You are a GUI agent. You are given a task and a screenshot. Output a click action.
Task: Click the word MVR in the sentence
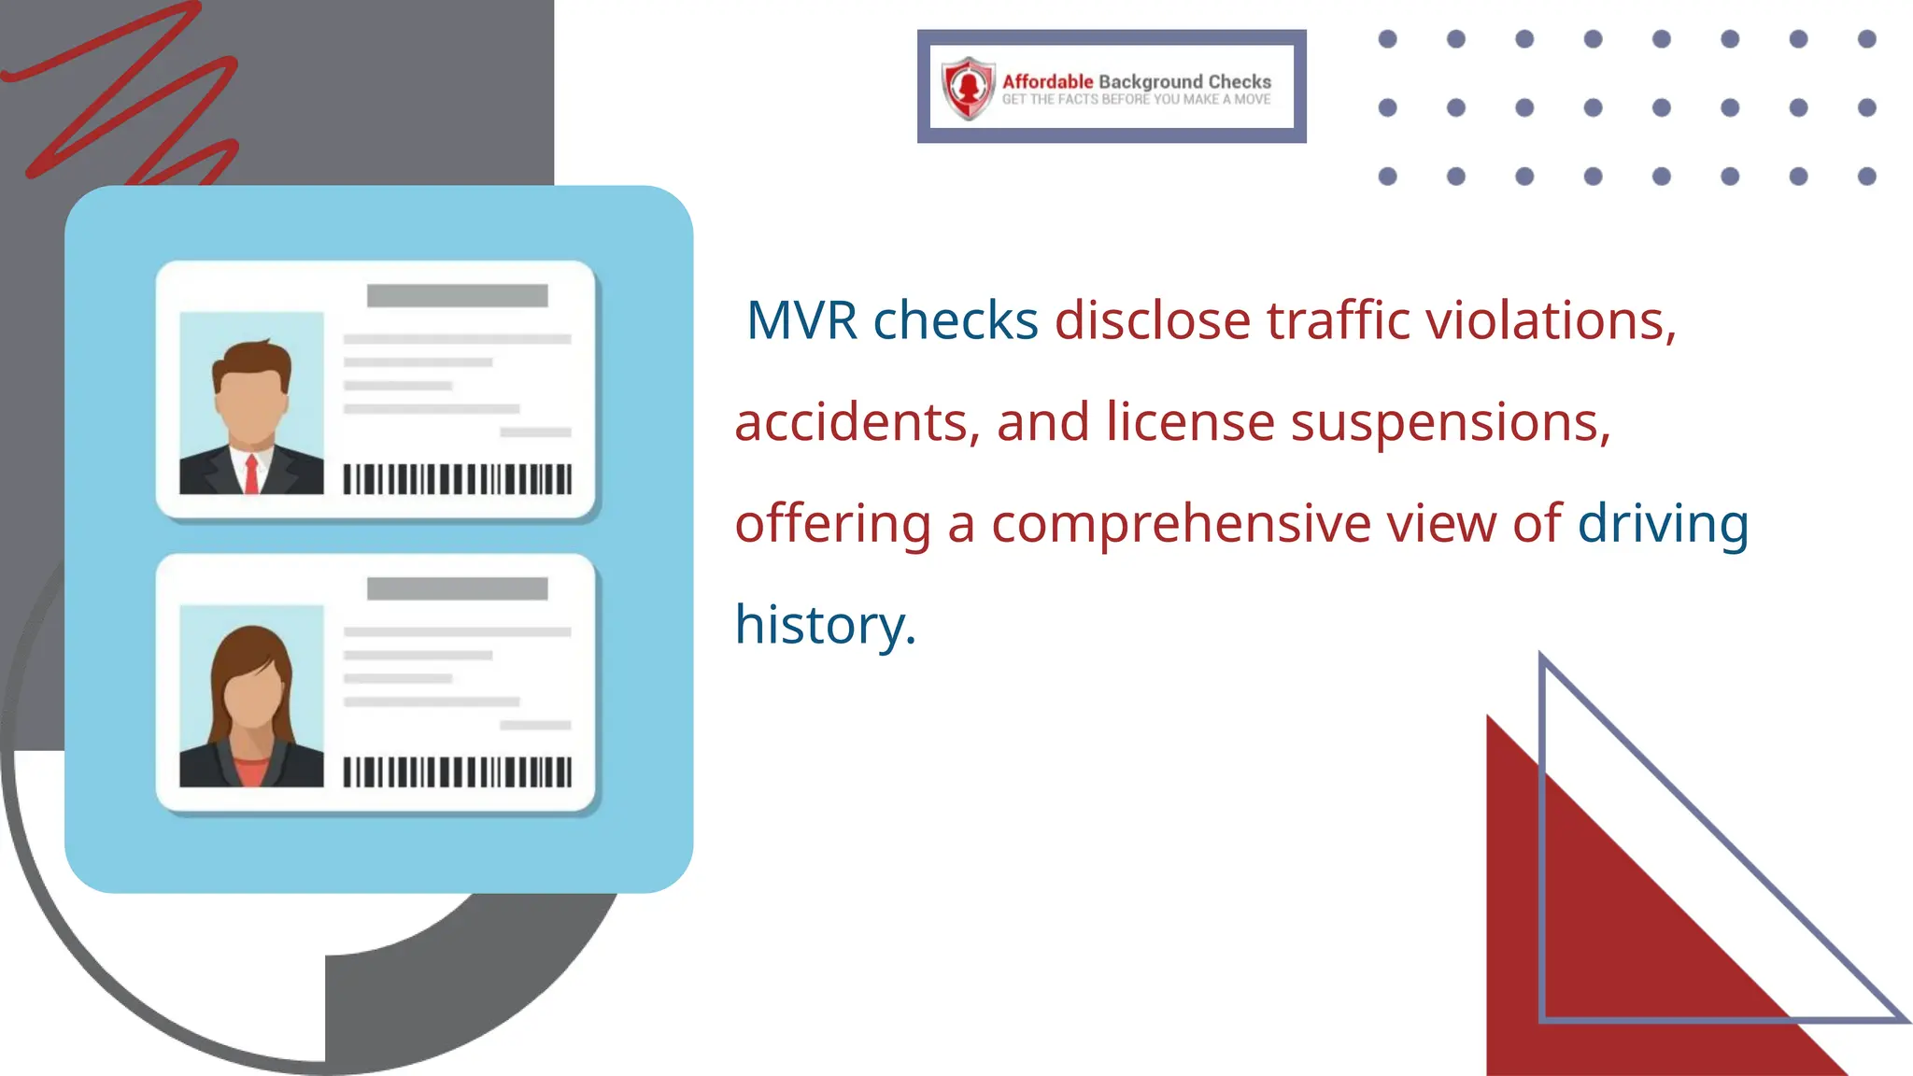801,320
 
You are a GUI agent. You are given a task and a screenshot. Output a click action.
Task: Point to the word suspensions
1451,422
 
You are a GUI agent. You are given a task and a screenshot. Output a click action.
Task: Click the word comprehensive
1181,523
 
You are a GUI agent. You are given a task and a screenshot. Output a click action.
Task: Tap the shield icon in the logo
969,88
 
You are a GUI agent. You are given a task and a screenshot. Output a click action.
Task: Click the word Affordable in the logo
1047,81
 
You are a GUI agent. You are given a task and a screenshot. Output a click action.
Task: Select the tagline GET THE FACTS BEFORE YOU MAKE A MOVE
1136,100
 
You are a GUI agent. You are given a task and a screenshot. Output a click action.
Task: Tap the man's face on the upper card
250,404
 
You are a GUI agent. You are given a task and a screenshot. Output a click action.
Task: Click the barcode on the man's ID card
457,479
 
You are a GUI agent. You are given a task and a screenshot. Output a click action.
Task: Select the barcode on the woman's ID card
457,772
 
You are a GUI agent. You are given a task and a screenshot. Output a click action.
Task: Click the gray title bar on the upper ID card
457,296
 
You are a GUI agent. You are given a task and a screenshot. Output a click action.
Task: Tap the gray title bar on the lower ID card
457,588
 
